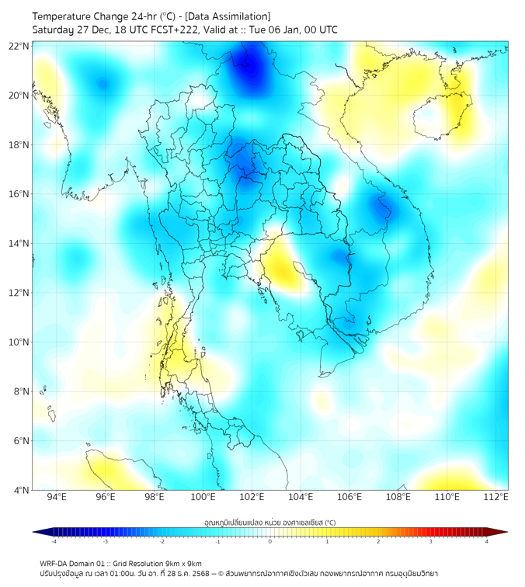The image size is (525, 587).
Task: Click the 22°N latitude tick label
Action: (19, 46)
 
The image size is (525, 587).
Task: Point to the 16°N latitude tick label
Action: (19, 194)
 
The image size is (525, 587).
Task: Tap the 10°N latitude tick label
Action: (19, 342)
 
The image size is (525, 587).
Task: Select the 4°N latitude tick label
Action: (21, 490)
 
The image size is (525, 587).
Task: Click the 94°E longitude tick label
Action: (57, 498)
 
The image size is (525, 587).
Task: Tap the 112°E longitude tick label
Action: (496, 498)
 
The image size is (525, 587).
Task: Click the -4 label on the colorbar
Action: (54, 541)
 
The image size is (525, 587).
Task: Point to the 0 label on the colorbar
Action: (270, 541)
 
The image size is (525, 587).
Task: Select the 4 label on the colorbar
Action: (486, 541)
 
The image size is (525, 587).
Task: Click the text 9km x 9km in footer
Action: (179, 563)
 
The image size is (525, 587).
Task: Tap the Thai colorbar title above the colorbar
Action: (269, 522)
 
